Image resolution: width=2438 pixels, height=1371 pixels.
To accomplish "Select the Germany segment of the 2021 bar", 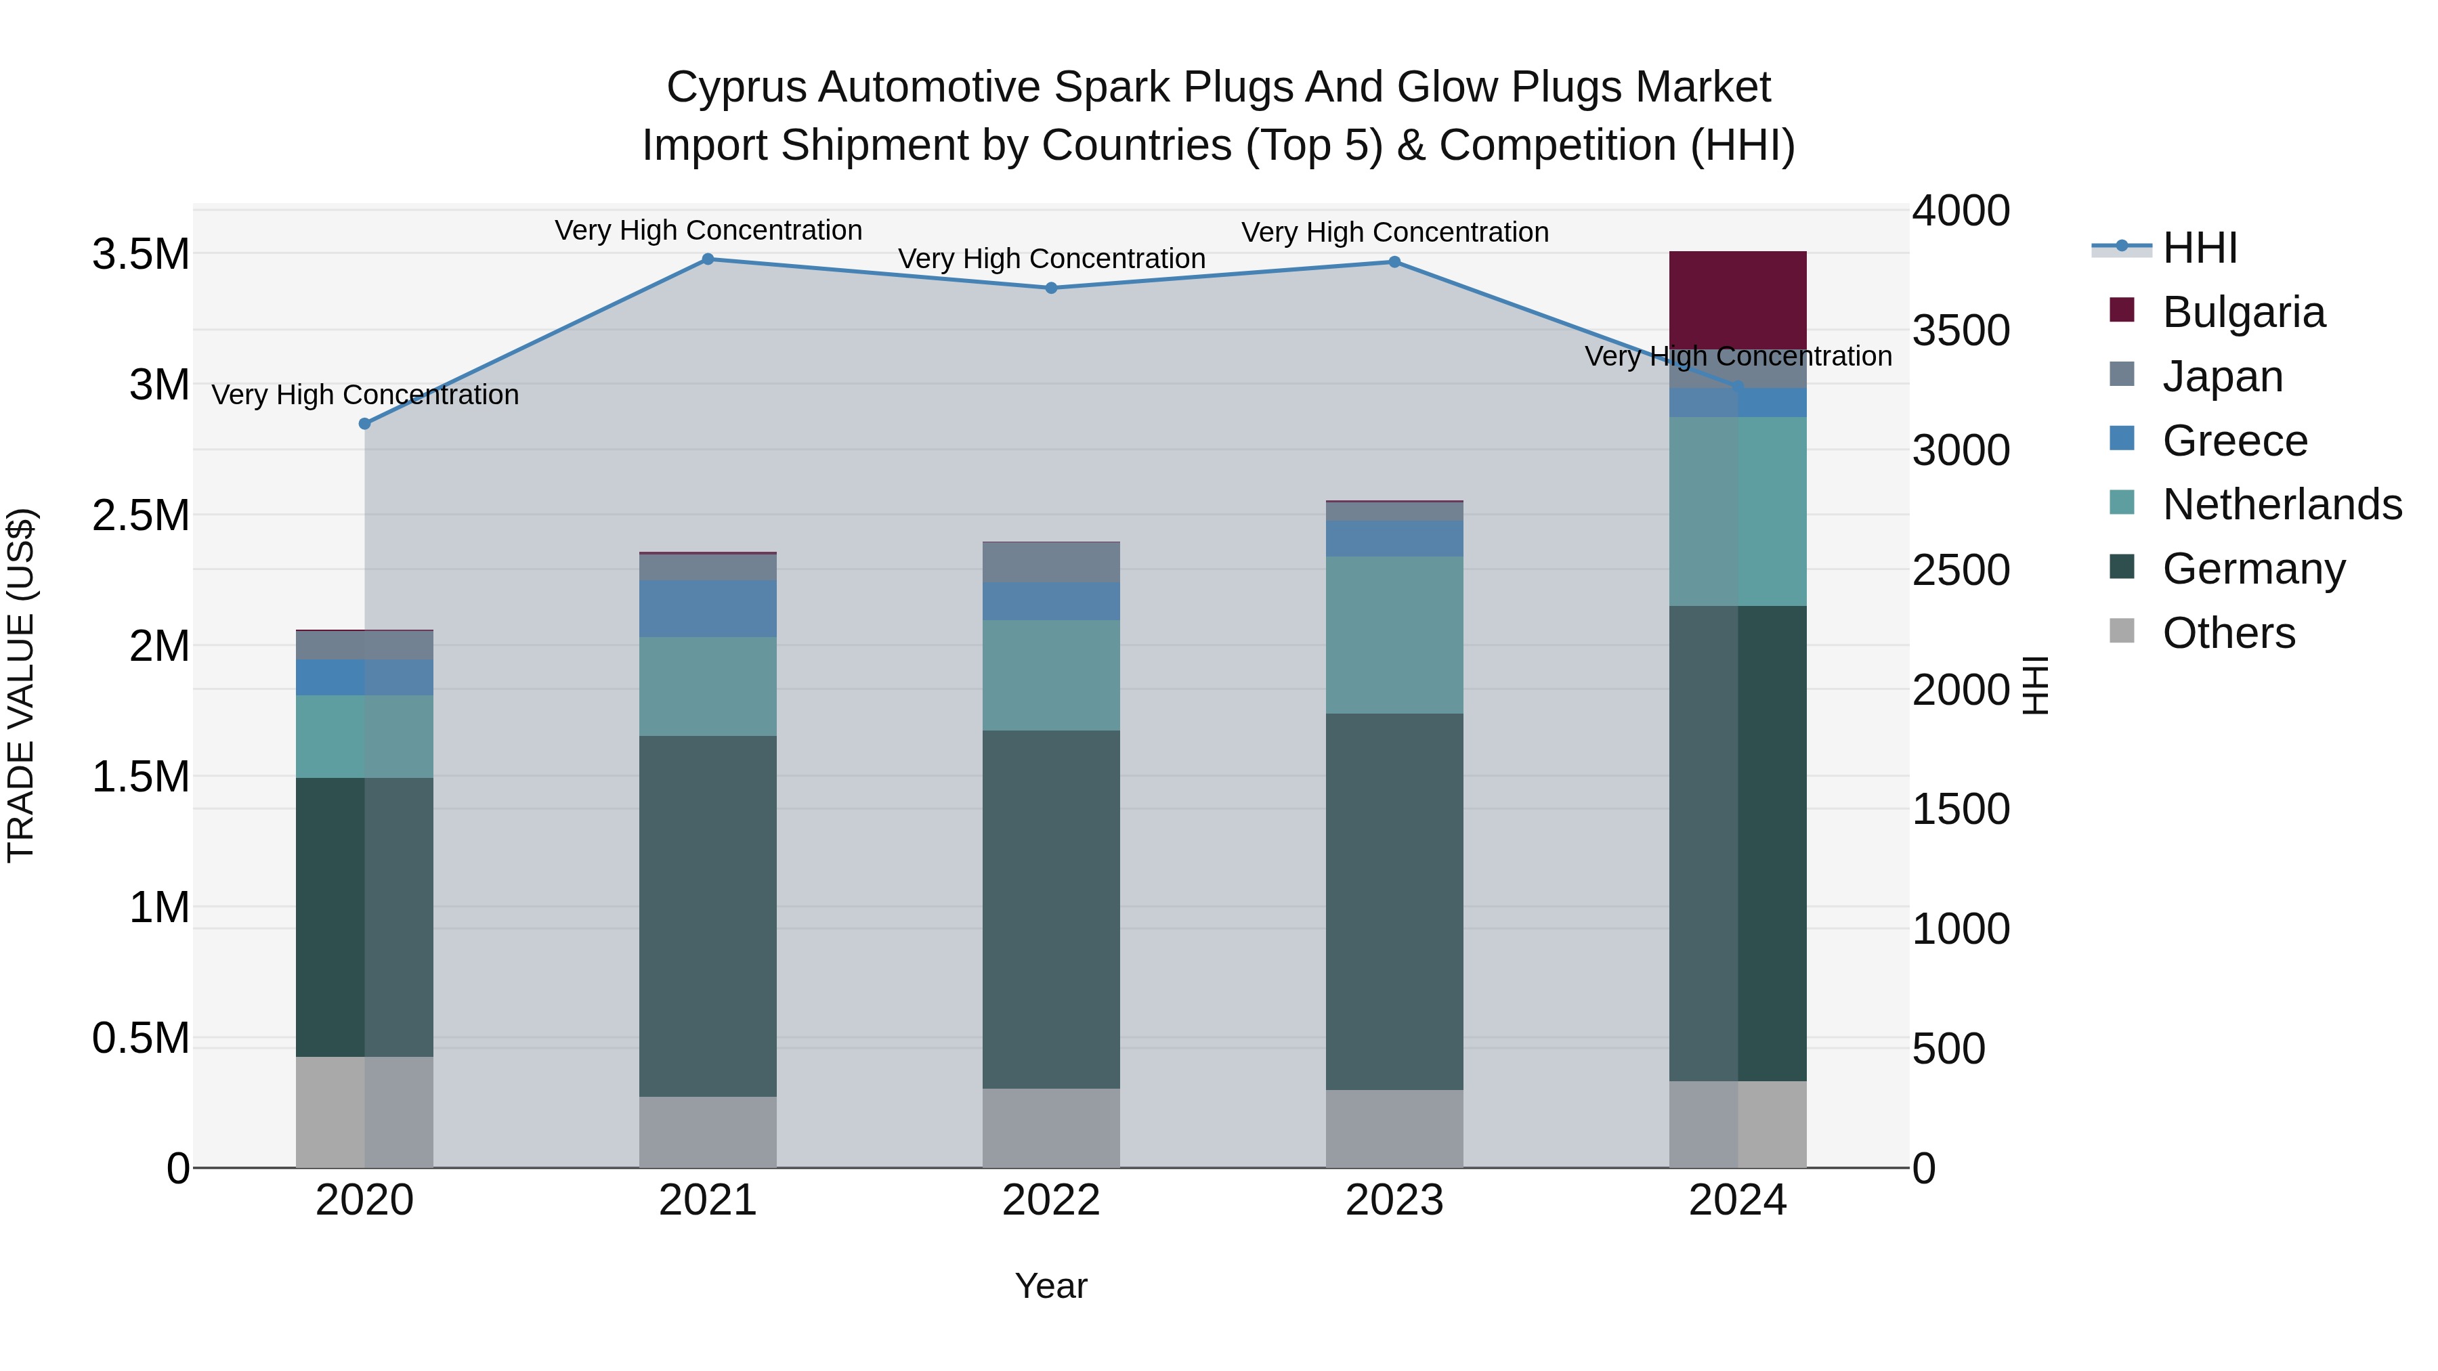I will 708,916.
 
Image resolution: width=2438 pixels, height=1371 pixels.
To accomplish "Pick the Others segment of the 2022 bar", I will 1050,1128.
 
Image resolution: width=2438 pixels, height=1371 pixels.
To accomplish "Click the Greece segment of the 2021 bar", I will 708,609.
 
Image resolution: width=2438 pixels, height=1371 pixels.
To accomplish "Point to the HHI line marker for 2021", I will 708,259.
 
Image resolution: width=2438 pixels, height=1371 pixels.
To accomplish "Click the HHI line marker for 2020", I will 364,424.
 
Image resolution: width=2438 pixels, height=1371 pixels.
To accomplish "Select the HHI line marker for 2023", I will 1394,262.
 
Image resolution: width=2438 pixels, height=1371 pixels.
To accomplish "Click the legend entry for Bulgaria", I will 2243,312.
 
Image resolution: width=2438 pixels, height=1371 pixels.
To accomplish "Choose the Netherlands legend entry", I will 2281,504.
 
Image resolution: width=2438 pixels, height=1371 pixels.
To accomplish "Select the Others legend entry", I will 2228,633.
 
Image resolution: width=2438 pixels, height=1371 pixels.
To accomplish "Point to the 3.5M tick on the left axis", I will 140,255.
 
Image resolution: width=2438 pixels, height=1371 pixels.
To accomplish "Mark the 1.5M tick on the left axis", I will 140,777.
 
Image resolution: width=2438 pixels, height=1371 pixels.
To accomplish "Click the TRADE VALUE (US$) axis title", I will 21,685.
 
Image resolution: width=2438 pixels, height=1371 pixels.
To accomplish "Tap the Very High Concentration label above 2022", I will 1050,259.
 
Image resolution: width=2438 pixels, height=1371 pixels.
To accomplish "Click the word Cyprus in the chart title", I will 735,87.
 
